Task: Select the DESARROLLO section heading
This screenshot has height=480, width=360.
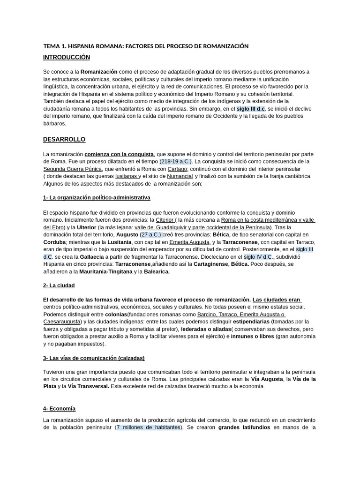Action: pos(64,140)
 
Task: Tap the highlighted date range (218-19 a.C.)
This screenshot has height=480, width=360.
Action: pos(176,161)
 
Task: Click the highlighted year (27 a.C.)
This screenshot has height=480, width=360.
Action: pos(150,234)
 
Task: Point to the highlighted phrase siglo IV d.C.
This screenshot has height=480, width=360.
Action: pos(258,257)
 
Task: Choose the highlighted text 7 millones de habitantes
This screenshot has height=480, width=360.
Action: pos(149,427)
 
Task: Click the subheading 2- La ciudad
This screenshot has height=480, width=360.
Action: pos(59,285)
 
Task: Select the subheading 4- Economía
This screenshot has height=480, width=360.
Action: pos(59,409)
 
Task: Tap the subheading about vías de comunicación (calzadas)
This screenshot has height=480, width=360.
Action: pos(94,358)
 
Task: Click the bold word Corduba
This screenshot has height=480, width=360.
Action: pos(54,242)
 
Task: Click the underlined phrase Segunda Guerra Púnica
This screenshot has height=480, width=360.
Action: pos(73,169)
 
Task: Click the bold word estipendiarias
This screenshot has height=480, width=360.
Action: pos(257,322)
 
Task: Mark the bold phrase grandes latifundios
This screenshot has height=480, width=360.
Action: pos(243,427)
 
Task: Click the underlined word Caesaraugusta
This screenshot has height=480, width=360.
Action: pos(61,322)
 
